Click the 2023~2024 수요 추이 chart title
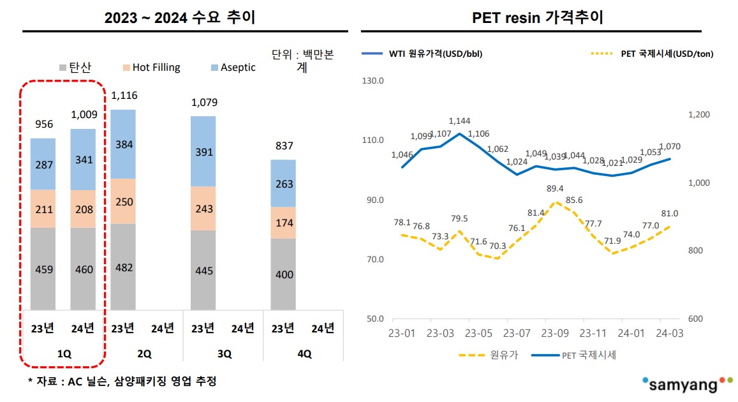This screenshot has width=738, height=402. [x=180, y=17]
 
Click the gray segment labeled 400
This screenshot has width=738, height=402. [x=283, y=274]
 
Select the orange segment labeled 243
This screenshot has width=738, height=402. [x=203, y=208]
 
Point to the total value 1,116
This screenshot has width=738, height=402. [x=124, y=96]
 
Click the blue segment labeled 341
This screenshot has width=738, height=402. [x=83, y=160]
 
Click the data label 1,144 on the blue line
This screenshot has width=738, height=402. [x=459, y=121]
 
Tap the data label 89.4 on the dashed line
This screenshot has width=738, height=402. [x=556, y=188]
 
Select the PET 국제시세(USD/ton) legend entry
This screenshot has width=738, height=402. [x=658, y=54]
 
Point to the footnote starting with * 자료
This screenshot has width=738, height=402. [x=122, y=382]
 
